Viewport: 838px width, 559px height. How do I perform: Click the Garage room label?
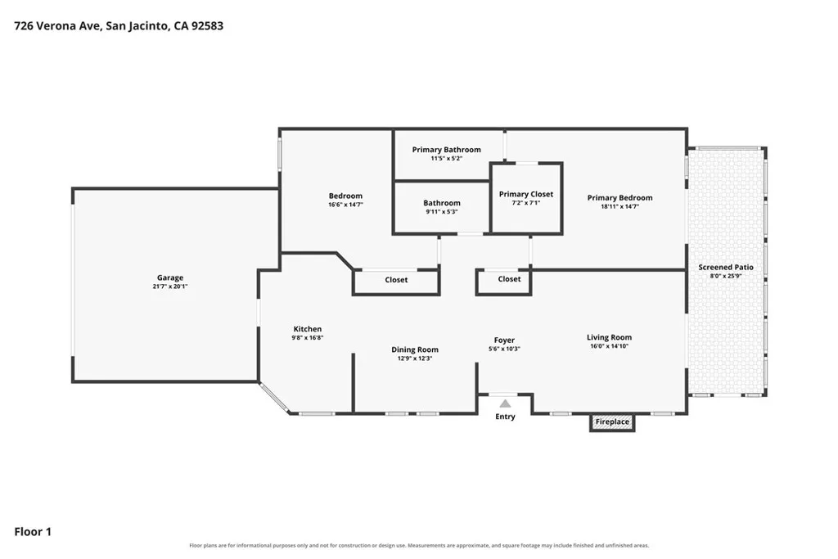click(x=170, y=277)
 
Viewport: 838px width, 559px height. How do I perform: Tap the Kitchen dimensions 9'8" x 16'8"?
click(x=308, y=338)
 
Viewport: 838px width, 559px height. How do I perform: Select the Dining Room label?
click(x=415, y=349)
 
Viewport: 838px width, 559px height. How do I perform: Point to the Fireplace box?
click(x=612, y=422)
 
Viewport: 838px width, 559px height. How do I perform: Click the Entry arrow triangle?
click(x=505, y=403)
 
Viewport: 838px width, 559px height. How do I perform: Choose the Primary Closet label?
click(x=526, y=194)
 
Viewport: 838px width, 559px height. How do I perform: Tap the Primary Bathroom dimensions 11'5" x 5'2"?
click(x=446, y=158)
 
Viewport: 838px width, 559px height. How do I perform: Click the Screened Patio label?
click(x=726, y=267)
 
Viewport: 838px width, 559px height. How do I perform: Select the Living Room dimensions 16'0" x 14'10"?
click(x=609, y=345)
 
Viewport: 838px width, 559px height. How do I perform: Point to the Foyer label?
click(x=504, y=340)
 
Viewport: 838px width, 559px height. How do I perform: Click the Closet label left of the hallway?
click(x=396, y=280)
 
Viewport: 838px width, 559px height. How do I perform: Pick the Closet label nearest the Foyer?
click(x=509, y=279)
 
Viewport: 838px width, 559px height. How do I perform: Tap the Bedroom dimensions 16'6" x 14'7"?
click(x=345, y=205)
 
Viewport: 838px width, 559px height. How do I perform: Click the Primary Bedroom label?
click(x=620, y=198)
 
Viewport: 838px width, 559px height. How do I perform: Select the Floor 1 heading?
click(x=33, y=532)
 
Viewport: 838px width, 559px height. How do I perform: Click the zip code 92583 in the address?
click(x=207, y=25)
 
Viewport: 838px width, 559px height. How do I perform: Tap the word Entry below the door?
click(x=505, y=417)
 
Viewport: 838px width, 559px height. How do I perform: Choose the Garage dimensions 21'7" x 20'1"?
click(x=170, y=286)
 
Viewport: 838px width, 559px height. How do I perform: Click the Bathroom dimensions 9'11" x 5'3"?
click(x=441, y=212)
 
